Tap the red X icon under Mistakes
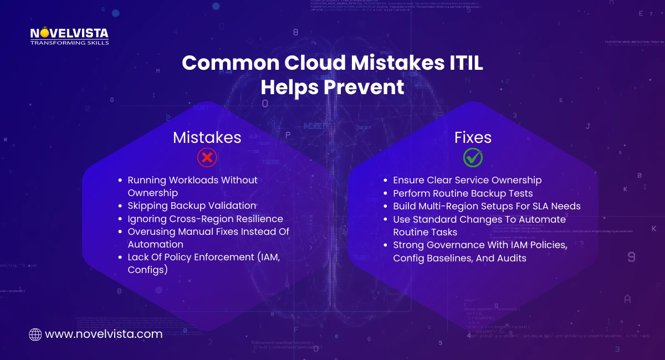pos(207,158)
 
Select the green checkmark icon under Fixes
pos(473,158)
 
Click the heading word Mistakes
pos(207,137)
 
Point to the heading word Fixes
pos(473,137)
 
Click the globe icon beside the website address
pos(35,335)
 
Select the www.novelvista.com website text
pos(104,335)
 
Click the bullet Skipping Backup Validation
pos(192,205)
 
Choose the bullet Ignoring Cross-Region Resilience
pos(205,219)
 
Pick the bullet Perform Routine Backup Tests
pos(463,193)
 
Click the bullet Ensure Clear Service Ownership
pos(467,180)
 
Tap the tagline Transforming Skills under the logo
pos(69,42)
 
